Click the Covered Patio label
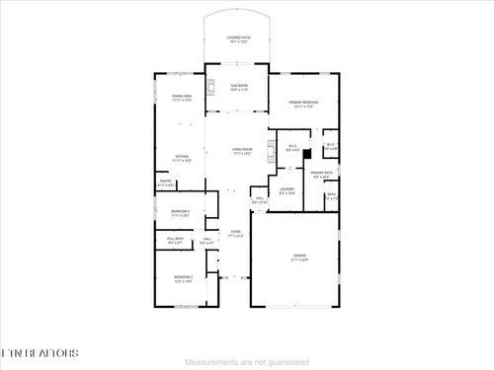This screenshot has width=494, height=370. [238, 38]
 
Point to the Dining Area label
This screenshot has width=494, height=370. [182, 98]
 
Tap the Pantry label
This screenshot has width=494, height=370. [166, 183]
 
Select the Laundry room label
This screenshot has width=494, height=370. [287, 190]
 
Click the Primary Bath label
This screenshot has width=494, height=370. [321, 175]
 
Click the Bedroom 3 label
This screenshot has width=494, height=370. [180, 212]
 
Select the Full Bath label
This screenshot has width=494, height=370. [175, 240]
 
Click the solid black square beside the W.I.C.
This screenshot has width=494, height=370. [307, 153]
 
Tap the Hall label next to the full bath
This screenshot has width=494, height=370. [208, 240]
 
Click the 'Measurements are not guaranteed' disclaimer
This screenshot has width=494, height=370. [247, 361]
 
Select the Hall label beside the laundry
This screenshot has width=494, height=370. [259, 200]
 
